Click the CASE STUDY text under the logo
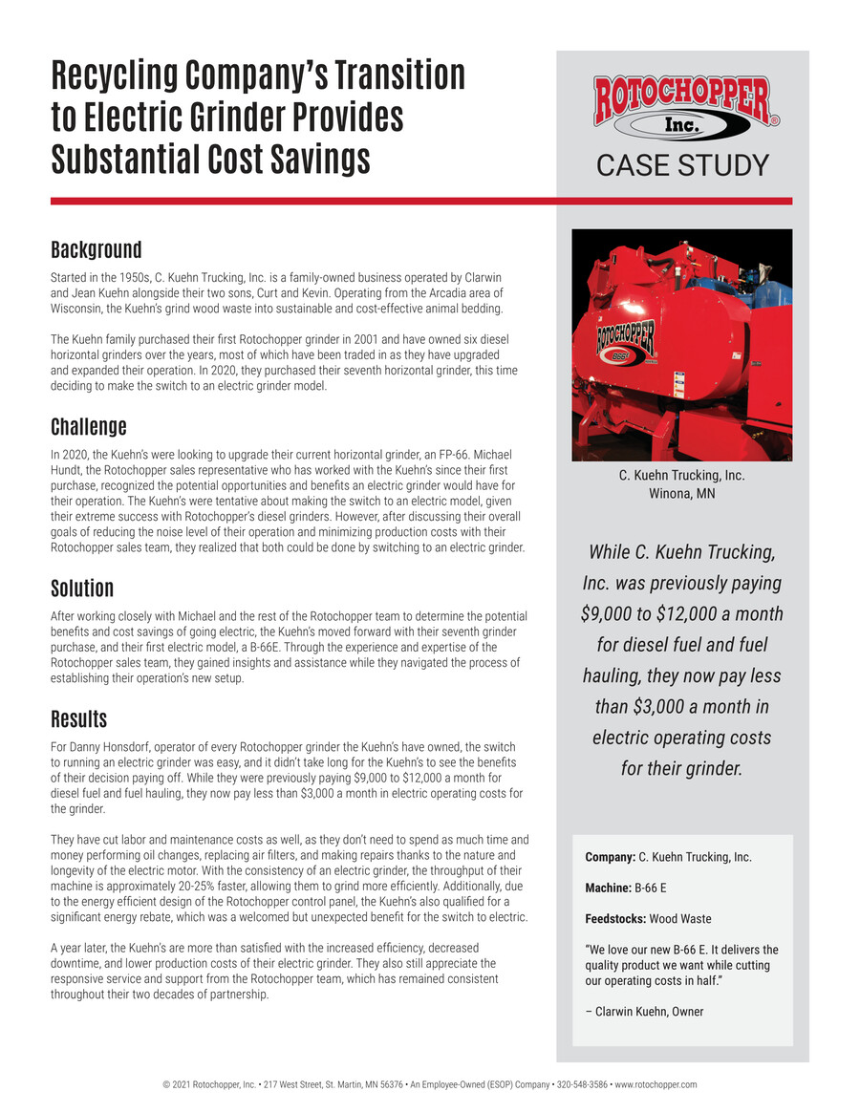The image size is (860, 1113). tap(682, 165)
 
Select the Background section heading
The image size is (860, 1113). tap(96, 250)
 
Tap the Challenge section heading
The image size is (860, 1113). tap(88, 425)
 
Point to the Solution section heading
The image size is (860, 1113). tap(82, 588)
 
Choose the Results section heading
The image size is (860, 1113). tap(78, 718)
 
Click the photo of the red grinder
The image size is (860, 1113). tap(682, 345)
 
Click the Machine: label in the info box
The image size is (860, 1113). tap(608, 888)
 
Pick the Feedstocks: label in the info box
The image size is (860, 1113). tap(614, 919)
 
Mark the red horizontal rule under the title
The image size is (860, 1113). tap(420, 201)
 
